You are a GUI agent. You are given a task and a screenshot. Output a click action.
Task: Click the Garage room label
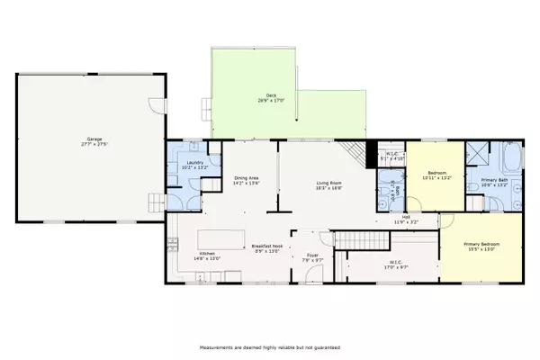coord(88,139)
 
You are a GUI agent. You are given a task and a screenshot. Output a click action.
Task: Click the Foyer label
coord(313,256)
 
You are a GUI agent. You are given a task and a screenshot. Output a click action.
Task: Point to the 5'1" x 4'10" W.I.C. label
coord(389,154)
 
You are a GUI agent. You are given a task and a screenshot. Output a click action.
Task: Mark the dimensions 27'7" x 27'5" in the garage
coord(88,144)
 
